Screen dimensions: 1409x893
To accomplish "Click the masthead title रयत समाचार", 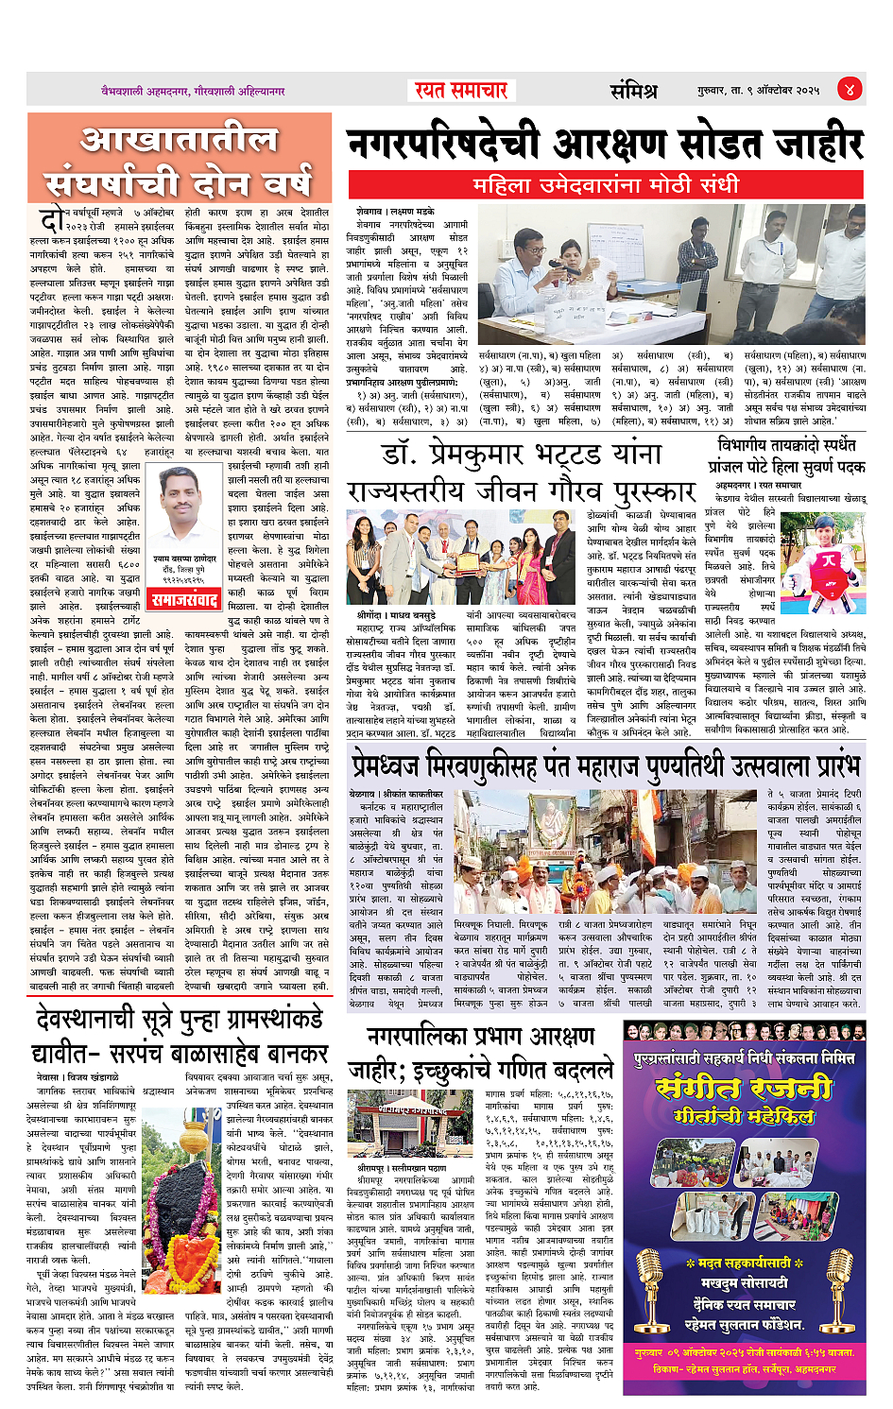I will click(461, 90).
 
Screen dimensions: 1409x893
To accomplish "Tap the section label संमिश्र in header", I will click(632, 91).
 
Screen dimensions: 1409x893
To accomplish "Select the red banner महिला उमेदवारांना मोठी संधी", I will click(605, 184).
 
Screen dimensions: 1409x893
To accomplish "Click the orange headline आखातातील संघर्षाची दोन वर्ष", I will click(180, 161).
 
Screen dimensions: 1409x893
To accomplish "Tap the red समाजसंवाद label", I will click(187, 599).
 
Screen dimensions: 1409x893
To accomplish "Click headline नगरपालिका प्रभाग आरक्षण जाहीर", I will click(482, 1052).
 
